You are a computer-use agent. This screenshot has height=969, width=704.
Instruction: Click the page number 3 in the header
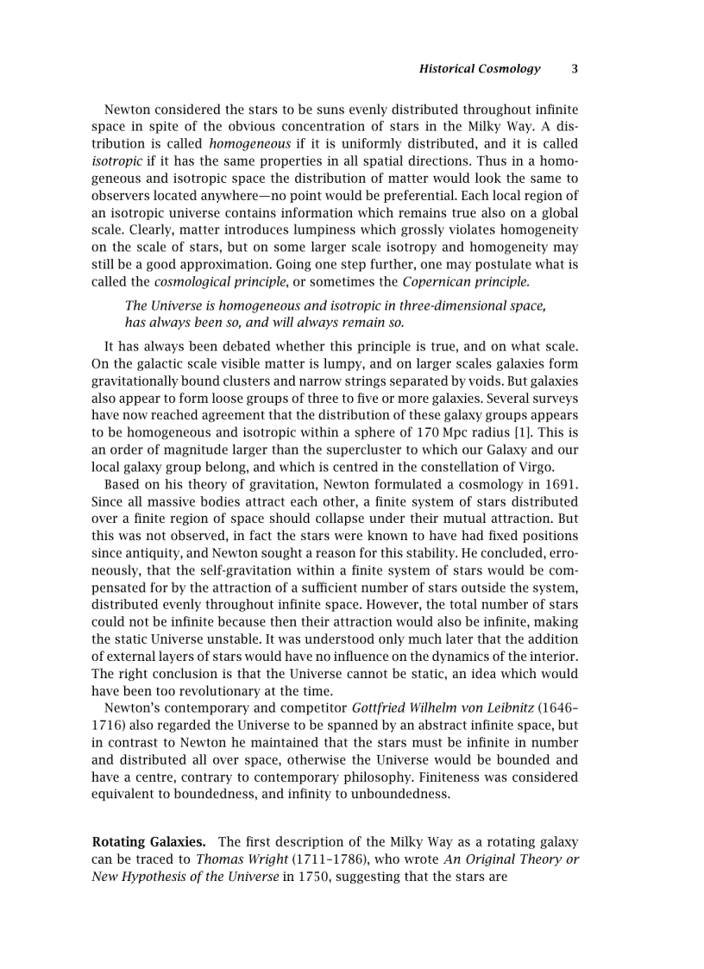(x=575, y=69)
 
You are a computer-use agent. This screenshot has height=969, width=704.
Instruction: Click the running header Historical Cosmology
(x=479, y=69)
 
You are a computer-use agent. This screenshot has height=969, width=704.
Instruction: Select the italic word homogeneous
(x=249, y=144)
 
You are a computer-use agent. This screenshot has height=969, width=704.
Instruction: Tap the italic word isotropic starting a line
(x=117, y=160)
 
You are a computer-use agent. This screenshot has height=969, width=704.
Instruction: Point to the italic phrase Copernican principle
(x=466, y=281)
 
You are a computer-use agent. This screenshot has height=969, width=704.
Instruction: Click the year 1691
(x=561, y=484)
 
